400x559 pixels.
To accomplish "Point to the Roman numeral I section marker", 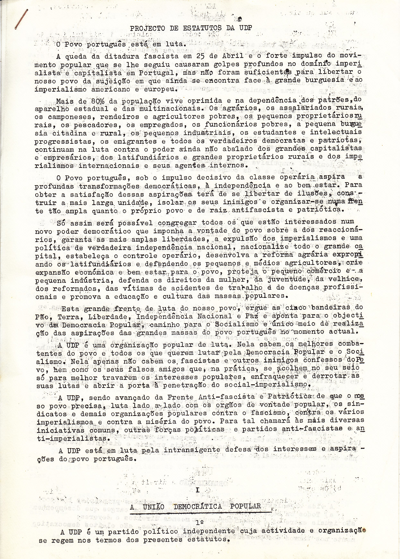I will pyautogui.click(x=197, y=490).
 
